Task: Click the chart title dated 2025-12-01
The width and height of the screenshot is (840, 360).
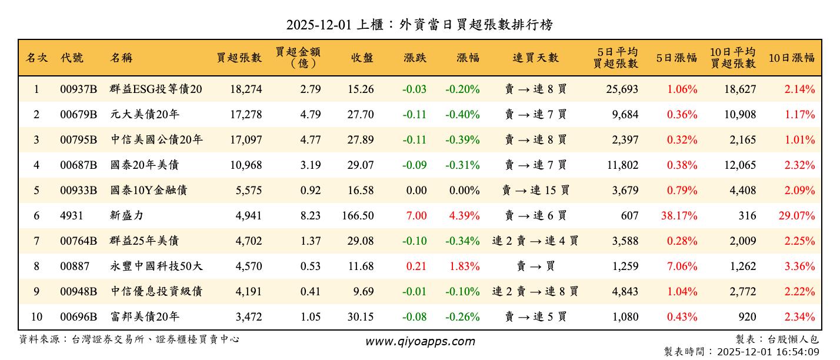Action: coord(419,24)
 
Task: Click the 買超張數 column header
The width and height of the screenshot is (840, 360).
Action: coord(239,58)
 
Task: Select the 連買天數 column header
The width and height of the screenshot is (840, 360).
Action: coord(535,58)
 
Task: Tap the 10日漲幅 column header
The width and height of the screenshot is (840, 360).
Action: coord(791,58)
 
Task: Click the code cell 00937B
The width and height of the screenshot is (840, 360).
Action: coord(78,89)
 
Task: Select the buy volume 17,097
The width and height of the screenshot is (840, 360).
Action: coord(246,140)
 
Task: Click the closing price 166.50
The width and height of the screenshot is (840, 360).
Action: coord(358,216)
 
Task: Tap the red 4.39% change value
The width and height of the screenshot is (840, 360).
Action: coord(464,216)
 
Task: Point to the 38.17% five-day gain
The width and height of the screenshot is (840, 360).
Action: coord(679,216)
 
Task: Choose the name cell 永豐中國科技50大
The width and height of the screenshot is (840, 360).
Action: coord(156,266)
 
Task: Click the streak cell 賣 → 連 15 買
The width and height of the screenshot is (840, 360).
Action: coord(535,191)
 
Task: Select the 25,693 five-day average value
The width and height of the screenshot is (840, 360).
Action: coord(622,89)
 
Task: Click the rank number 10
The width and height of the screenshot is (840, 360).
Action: coord(36,317)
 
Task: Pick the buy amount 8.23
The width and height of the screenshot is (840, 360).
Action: coord(310,216)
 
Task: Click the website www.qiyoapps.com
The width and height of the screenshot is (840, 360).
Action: coord(419,341)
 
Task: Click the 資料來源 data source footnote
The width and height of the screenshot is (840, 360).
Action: coord(129,339)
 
